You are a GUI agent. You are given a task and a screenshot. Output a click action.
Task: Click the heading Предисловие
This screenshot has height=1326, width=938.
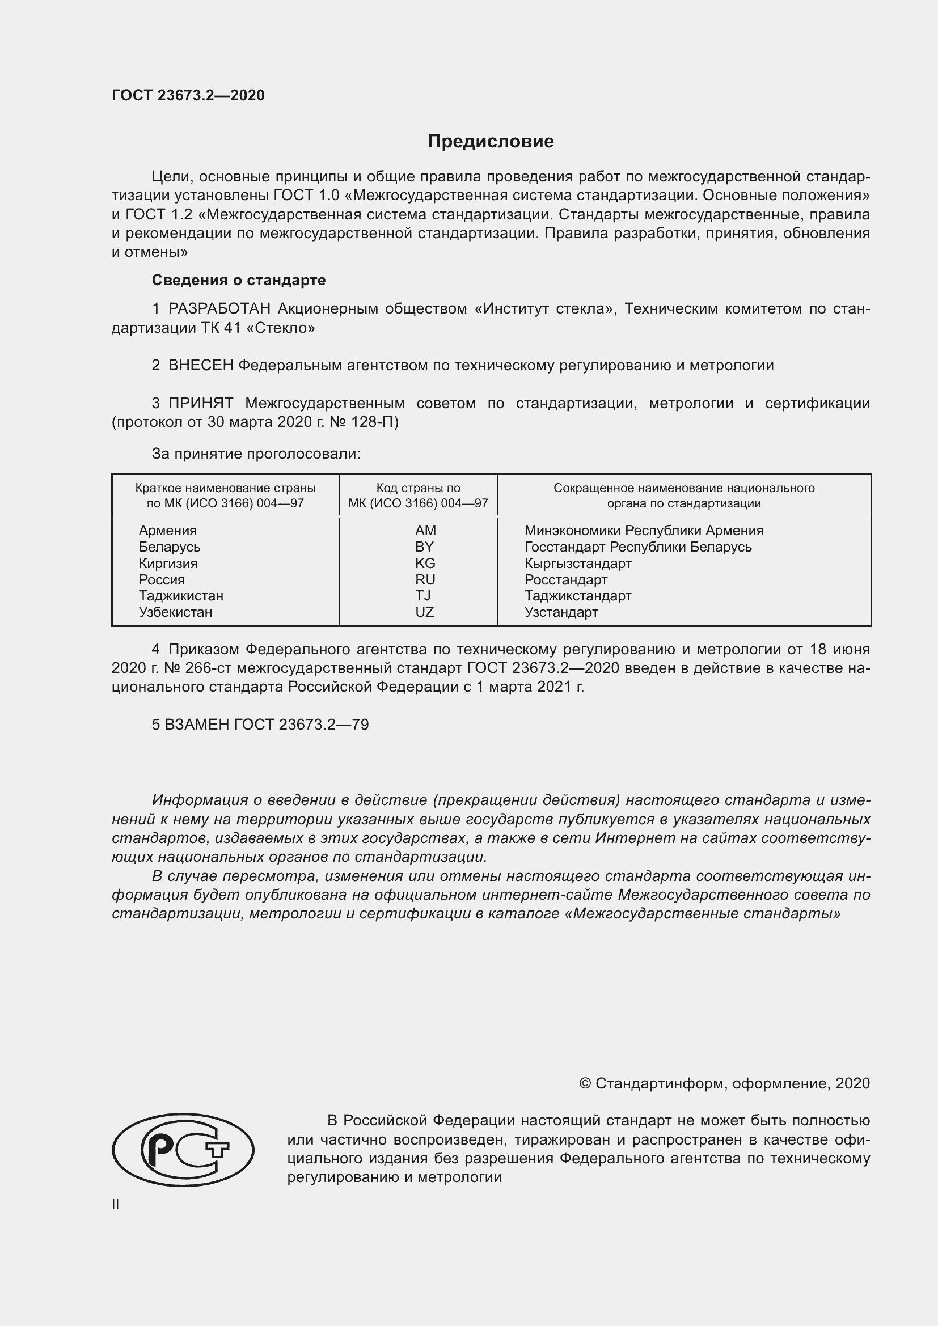click(x=491, y=142)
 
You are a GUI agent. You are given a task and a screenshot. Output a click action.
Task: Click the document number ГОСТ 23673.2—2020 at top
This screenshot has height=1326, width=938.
click(x=188, y=95)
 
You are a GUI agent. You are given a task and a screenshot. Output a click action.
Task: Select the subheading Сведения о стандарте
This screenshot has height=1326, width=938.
click(x=239, y=280)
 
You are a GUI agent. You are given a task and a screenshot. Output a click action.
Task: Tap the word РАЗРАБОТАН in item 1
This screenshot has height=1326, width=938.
click(x=219, y=308)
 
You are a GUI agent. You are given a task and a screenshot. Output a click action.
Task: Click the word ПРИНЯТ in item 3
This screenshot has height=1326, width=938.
click(x=200, y=403)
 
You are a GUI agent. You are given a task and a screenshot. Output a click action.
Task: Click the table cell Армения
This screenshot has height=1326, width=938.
click(x=167, y=530)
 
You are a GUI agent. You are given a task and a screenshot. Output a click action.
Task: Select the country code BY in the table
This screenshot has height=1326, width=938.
click(x=424, y=547)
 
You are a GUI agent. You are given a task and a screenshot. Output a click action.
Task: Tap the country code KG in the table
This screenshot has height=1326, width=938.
click(x=425, y=563)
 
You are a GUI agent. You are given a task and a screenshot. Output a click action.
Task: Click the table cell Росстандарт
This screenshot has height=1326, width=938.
click(x=565, y=579)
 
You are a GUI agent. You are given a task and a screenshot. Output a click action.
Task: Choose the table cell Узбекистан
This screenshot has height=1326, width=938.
click(x=175, y=612)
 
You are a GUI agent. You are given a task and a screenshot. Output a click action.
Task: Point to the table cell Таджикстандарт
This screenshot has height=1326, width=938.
click(x=577, y=595)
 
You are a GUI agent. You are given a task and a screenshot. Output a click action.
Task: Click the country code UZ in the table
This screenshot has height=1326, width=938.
click(x=425, y=612)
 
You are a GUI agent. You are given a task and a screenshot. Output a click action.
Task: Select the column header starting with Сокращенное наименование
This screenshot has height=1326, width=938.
click(x=684, y=495)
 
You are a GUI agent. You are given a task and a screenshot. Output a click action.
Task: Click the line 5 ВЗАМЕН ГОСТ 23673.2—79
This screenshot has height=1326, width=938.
click(x=260, y=724)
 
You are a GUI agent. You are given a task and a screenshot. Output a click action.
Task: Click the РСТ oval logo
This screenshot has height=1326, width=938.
click(x=183, y=1149)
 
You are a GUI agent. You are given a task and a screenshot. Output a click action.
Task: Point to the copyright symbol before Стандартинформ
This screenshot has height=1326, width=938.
click(x=585, y=1083)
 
